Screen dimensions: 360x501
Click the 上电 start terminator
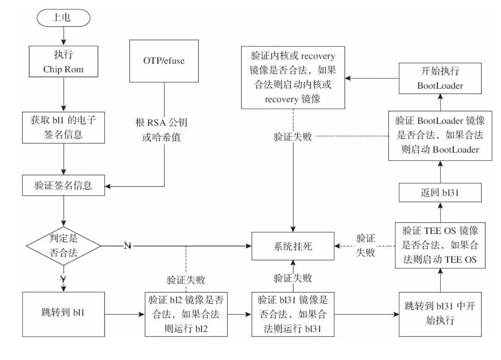[x=63, y=18]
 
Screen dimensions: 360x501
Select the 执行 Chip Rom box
[x=63, y=61]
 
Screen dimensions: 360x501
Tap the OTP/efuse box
[x=164, y=61]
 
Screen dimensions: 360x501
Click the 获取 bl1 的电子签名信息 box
[x=63, y=127]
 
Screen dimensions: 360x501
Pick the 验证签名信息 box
[x=63, y=185]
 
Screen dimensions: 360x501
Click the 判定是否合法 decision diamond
[x=63, y=246]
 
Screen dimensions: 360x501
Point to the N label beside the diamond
[x=127, y=246]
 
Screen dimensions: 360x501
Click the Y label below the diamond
[x=63, y=280]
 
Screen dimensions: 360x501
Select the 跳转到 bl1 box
[x=63, y=314]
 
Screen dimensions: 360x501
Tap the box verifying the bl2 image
[x=186, y=314]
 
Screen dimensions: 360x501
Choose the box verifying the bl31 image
[x=293, y=314]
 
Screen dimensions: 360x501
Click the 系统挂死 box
[x=293, y=246]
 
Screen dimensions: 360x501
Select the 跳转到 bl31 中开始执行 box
[x=440, y=314]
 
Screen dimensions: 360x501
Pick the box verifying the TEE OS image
[x=440, y=245]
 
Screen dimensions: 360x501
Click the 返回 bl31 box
[x=440, y=192]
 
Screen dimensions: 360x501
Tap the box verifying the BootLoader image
[x=440, y=135]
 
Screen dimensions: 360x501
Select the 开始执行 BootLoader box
[x=440, y=78]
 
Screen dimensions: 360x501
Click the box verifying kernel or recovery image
[x=293, y=77]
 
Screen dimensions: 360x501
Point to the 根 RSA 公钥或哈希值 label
[x=162, y=130]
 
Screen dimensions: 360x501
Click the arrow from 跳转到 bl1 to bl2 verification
[x=124, y=314]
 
